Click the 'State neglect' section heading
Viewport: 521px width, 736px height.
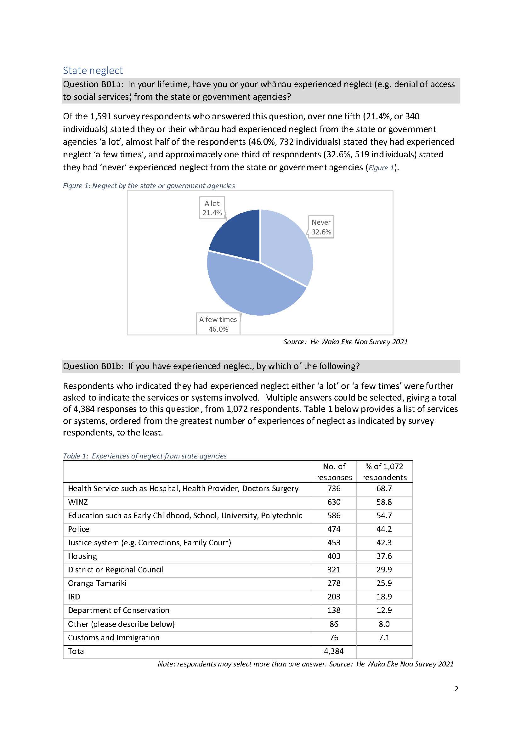coord(93,70)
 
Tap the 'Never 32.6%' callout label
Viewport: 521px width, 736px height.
coord(321,227)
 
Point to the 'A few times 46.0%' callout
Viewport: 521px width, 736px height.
coord(218,324)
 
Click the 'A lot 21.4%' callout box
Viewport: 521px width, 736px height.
coord(212,208)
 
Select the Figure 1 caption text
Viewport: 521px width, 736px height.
coord(149,186)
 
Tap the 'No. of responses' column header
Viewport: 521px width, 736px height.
coord(334,471)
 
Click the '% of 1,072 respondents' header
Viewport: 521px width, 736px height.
coord(384,471)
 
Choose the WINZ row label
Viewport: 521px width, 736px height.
coord(78,502)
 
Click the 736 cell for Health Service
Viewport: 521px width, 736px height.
coord(334,488)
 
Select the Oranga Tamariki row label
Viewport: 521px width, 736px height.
coord(97,583)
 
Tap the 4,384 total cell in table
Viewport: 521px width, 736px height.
coord(334,651)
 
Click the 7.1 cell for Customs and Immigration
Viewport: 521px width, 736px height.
coord(384,638)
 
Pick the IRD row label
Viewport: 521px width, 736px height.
coord(74,597)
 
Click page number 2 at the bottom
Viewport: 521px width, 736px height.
coord(456,689)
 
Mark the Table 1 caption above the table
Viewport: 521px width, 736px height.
coord(145,456)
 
